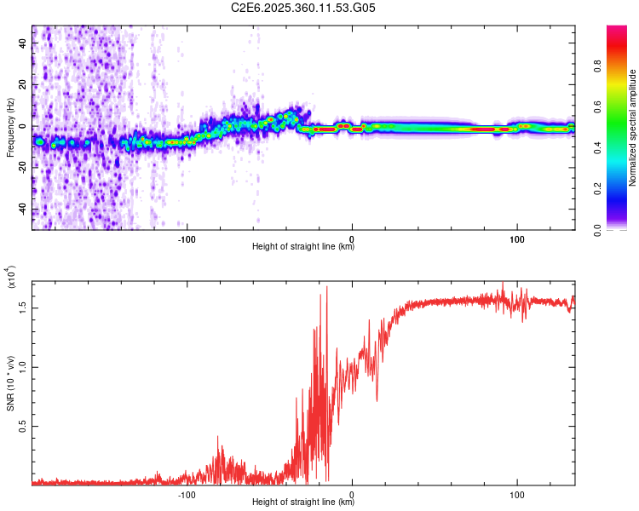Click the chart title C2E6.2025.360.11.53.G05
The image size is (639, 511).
[304, 9]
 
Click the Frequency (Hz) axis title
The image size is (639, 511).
[10, 128]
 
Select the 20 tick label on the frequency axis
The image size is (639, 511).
[23, 84]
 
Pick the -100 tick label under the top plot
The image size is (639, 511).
[187, 238]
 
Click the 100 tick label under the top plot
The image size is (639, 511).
[517, 238]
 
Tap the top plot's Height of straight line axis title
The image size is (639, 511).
[303, 247]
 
